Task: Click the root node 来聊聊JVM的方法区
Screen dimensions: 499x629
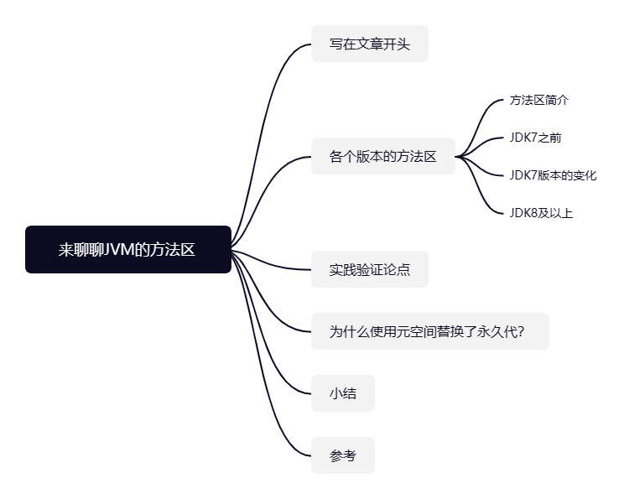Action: [127, 249]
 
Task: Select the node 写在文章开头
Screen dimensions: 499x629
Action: [369, 44]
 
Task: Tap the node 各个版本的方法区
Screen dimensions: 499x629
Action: [382, 156]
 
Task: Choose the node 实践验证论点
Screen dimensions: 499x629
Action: [369, 270]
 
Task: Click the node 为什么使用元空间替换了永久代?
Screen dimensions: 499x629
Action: [429, 331]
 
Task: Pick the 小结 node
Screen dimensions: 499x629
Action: [342, 393]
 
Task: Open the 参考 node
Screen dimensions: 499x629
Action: [342, 455]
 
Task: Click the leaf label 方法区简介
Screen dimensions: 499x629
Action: [538, 100]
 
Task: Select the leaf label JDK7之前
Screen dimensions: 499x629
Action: [529, 138]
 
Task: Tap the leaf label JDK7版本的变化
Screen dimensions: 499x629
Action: [553, 175]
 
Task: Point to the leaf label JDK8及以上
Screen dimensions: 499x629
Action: [541, 213]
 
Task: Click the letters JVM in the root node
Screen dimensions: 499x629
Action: [119, 249]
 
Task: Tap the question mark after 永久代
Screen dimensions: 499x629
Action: [521, 331]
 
